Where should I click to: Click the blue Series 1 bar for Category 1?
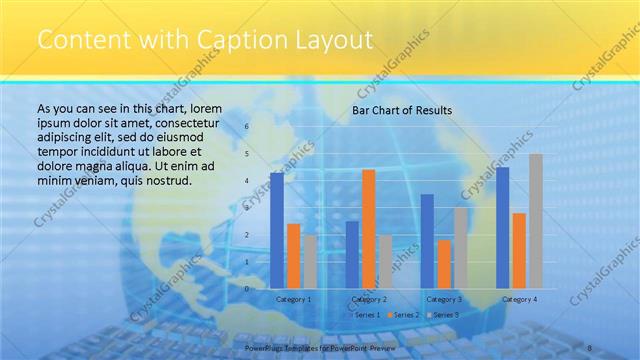[277, 230]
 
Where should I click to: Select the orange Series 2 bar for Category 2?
[369, 228]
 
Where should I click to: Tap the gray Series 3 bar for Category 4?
[536, 221]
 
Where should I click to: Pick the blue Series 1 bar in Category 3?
[427, 241]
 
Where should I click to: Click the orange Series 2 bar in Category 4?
[519, 250]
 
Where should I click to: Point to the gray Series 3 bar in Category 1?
[310, 261]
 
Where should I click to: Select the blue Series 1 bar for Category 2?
[352, 254]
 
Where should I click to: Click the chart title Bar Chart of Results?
[402, 110]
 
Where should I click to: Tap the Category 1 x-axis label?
[293, 299]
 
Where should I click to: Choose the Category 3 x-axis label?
[444, 299]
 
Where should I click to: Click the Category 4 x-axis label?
[519, 299]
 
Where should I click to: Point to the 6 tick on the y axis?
[247, 126]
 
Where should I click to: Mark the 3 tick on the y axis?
[247, 207]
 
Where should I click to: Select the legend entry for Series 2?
[405, 315]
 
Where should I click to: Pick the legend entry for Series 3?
[445, 315]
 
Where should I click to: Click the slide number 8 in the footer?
[590, 346]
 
